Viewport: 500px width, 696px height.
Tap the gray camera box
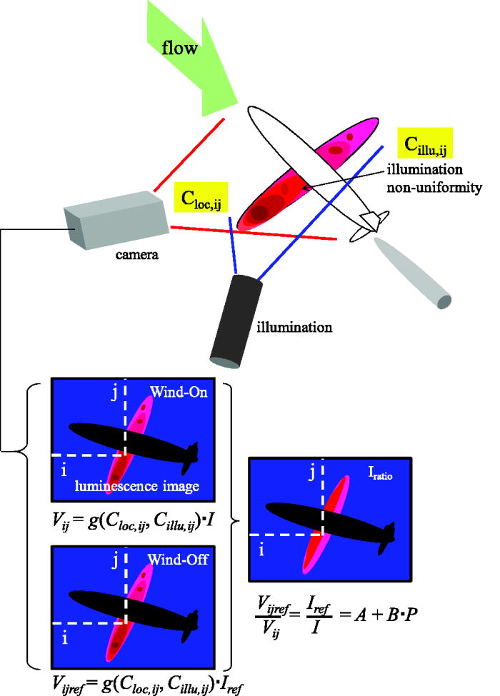115,218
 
